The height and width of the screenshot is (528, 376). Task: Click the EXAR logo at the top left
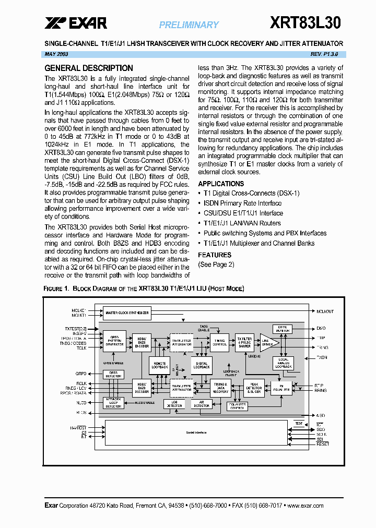[76, 23]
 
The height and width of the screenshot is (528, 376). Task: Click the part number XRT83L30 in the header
[305, 23]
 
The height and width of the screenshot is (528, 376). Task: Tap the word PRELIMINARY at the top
[189, 25]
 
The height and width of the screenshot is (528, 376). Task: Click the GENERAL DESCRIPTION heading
[89, 68]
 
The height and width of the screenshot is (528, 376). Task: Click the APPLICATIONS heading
[221, 184]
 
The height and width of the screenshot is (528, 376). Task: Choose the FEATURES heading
[215, 255]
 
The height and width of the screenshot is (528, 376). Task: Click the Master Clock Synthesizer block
[127, 313]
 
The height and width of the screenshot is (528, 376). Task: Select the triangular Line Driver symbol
[267, 342]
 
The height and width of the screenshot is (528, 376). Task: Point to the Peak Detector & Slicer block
[254, 387]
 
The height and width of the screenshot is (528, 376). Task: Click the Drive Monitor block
[283, 329]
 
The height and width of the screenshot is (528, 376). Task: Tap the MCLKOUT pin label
[325, 312]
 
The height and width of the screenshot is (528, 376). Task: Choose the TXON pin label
[322, 358]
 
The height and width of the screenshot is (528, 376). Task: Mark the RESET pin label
[323, 443]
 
